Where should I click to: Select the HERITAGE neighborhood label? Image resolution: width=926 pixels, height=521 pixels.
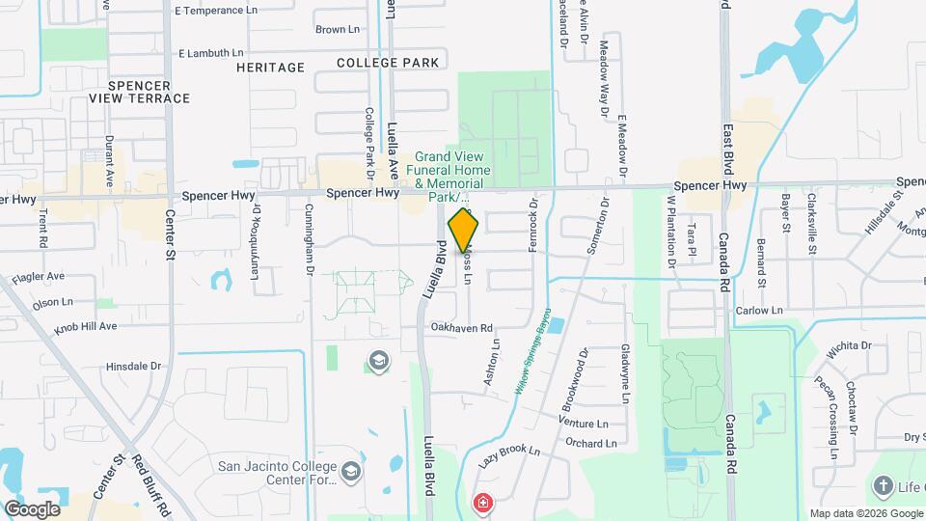click(271, 68)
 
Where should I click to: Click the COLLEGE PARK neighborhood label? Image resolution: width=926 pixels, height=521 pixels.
click(388, 63)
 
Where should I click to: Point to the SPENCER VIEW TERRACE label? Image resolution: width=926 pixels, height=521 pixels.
click(139, 92)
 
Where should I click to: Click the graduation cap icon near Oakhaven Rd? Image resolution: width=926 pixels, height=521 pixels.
click(379, 362)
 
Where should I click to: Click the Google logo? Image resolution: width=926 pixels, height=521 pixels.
click(32, 508)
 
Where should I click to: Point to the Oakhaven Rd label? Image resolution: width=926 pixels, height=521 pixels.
click(462, 327)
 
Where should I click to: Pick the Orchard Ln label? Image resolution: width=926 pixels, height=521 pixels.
click(591, 444)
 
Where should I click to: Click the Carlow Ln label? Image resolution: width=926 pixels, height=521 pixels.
click(759, 311)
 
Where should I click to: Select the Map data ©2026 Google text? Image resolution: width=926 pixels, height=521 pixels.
click(865, 513)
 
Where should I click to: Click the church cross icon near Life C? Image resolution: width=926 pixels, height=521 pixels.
click(882, 485)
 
